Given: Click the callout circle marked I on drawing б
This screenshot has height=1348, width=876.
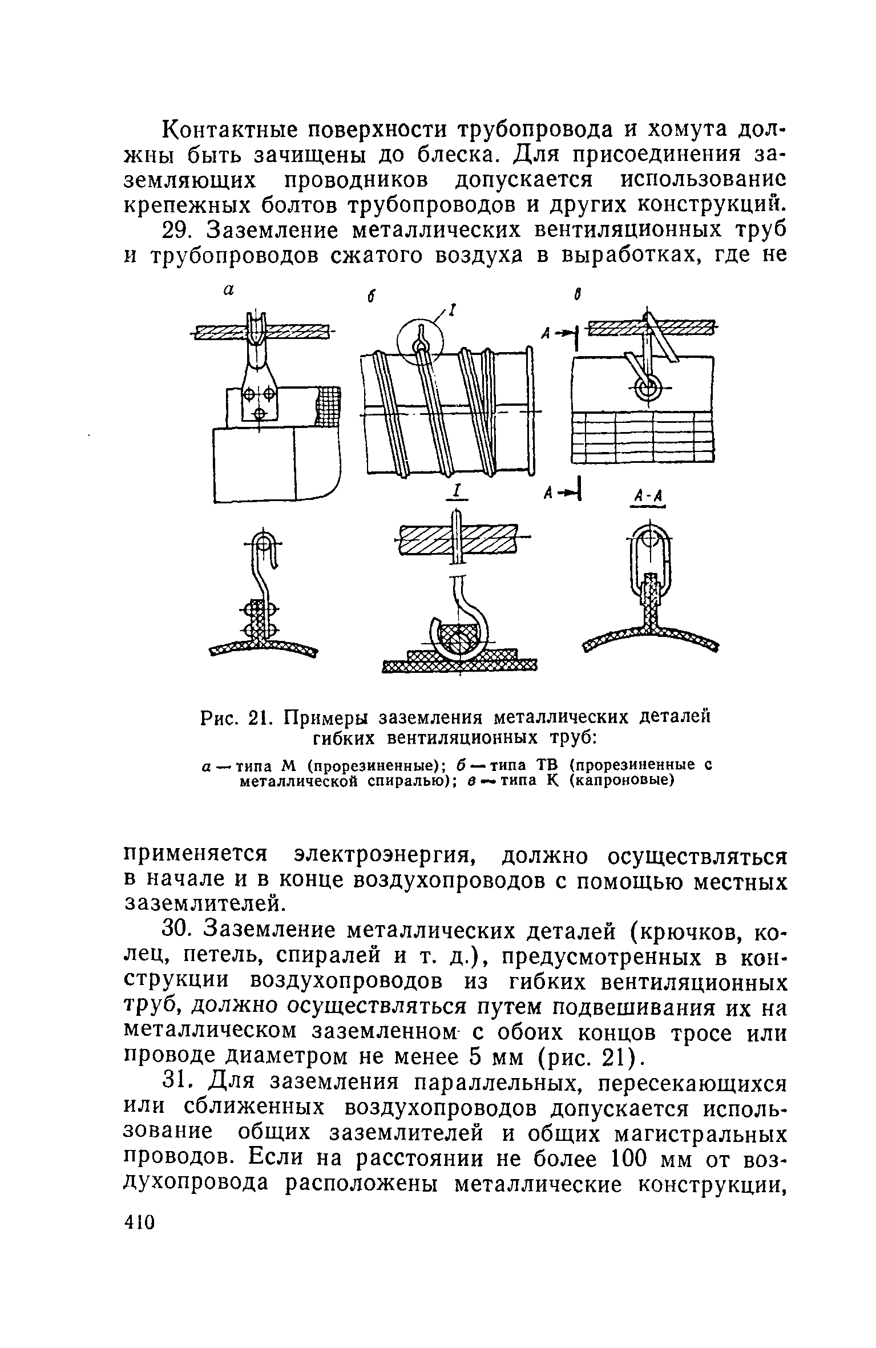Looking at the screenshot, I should click(421, 344).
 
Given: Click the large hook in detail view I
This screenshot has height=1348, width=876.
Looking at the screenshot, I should click(462, 622).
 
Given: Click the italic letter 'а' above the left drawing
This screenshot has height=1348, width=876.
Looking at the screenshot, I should click(229, 290).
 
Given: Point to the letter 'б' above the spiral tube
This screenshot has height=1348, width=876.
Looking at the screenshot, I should click(370, 298).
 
